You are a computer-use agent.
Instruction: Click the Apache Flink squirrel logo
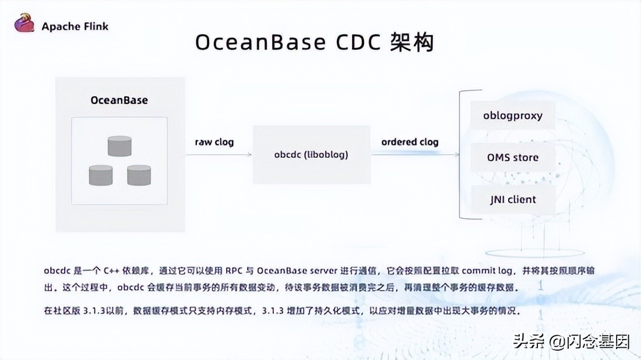(x=25, y=24)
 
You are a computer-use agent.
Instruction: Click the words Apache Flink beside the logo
(x=75, y=26)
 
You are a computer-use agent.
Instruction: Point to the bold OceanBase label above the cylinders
(x=119, y=100)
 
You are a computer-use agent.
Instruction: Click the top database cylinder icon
(x=119, y=146)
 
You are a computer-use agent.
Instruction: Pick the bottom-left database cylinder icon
(x=101, y=175)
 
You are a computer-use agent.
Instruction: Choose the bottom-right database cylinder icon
(x=139, y=175)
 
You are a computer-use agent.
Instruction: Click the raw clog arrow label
(x=214, y=142)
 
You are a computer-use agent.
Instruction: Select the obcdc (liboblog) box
(x=311, y=155)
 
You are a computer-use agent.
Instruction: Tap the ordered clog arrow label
(x=410, y=142)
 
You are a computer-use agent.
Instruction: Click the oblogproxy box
(x=513, y=115)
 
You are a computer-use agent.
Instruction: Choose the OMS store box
(x=513, y=157)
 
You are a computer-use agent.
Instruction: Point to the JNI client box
(x=513, y=199)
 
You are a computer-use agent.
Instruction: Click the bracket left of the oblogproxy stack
(x=462, y=155)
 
